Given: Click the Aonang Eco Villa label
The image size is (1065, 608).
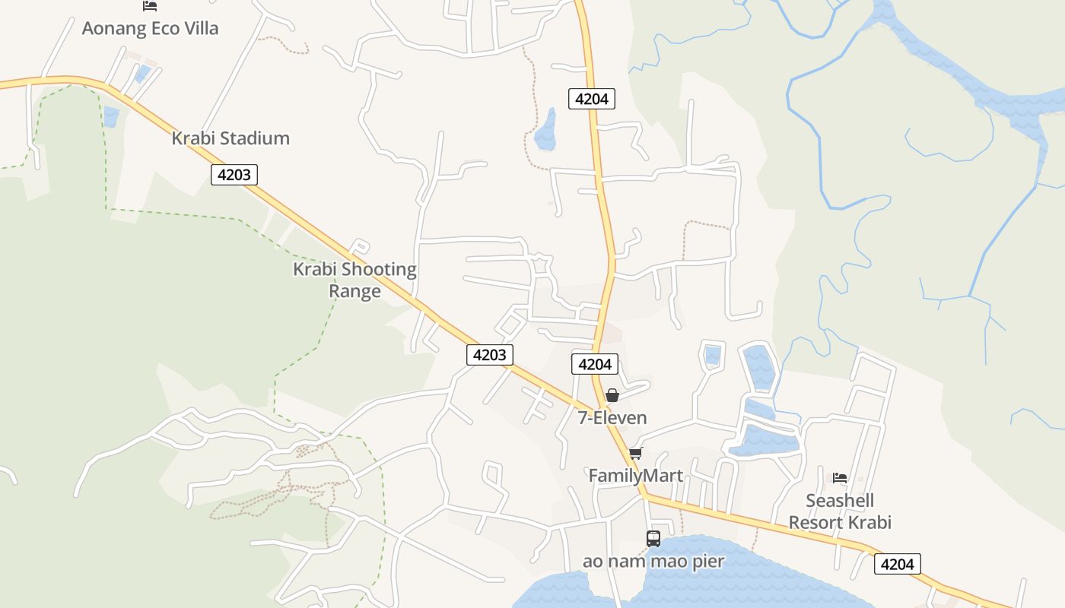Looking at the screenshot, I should click(x=150, y=29).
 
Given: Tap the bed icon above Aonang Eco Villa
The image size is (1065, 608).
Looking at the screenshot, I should click(x=150, y=6).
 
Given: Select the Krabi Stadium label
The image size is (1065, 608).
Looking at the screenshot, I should click(x=230, y=138).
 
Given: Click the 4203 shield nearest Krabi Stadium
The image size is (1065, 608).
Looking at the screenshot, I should click(x=234, y=175).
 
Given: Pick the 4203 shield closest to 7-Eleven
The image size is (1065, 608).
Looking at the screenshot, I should click(x=489, y=354).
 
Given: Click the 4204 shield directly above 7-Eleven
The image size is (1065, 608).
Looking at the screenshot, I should click(x=594, y=364).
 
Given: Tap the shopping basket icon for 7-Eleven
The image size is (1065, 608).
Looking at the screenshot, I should click(x=612, y=395).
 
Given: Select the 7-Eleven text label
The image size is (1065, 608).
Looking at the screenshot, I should click(x=612, y=418).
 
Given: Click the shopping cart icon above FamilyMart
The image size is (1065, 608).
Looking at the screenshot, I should click(x=635, y=453).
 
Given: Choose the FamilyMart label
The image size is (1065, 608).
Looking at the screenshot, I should click(x=636, y=476).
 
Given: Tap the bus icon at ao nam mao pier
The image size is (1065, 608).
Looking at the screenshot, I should click(x=653, y=539).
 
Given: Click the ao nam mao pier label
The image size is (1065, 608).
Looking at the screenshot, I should click(x=653, y=562).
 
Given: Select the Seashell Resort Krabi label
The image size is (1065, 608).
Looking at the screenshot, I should click(x=840, y=511).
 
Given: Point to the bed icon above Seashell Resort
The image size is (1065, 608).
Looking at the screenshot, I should click(x=840, y=477).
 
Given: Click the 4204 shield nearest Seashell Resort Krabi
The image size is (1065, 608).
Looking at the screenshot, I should click(x=898, y=564).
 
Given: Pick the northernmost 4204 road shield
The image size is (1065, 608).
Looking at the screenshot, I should click(x=591, y=98).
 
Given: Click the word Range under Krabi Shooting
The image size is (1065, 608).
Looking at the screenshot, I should click(x=354, y=291).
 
